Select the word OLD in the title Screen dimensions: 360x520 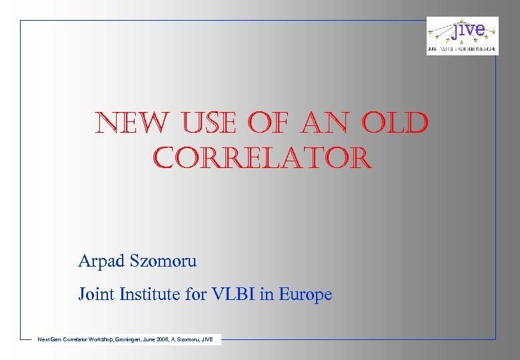395,124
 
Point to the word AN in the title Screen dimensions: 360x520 324,124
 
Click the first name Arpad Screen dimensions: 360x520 103,261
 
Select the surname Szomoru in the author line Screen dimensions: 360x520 165,261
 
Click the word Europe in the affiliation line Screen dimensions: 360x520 305,294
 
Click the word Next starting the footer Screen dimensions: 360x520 44,340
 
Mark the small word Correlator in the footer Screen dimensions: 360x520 75,340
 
